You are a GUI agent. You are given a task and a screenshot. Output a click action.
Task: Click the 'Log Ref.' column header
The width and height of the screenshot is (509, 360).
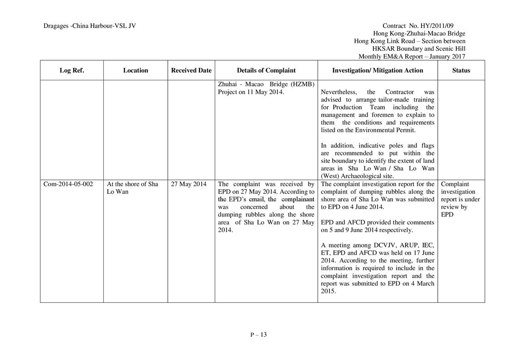(x=72, y=70)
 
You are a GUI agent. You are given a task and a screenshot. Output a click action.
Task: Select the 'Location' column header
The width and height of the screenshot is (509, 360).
(x=136, y=70)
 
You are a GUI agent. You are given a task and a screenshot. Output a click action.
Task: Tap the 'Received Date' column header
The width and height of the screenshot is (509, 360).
(x=191, y=70)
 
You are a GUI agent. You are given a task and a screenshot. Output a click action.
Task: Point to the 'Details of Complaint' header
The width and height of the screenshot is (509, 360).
(x=266, y=70)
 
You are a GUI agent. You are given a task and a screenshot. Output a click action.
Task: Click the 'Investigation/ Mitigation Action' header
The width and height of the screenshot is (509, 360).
(x=378, y=70)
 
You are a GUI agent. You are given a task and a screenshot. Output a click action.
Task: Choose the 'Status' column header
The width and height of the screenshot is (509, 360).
(x=461, y=70)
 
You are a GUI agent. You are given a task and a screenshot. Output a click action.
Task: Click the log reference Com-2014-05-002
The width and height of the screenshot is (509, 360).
(x=68, y=184)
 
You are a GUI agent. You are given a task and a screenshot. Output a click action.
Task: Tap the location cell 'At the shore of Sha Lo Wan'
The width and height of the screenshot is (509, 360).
(x=132, y=188)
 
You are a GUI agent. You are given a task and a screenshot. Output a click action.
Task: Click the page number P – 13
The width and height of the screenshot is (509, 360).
(x=258, y=335)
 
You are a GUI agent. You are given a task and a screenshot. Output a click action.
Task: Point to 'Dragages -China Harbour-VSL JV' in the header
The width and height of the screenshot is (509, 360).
(x=90, y=26)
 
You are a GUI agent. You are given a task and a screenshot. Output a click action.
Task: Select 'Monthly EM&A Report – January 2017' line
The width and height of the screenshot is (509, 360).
(x=412, y=57)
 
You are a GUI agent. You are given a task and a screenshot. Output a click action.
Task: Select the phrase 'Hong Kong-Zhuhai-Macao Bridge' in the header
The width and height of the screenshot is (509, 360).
(x=419, y=34)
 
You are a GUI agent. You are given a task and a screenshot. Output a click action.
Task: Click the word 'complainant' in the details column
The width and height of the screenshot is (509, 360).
(x=298, y=199)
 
